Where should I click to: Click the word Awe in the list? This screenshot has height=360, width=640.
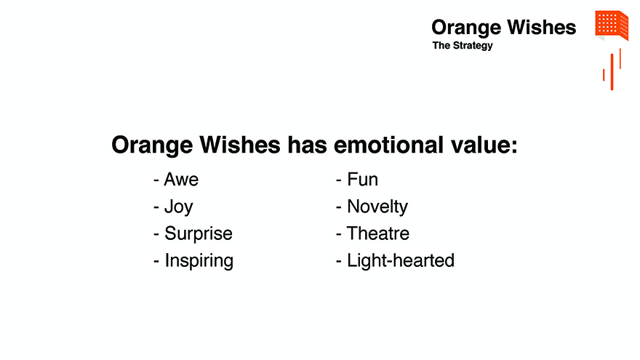pyautogui.click(x=181, y=180)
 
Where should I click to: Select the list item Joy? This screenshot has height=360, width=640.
pyautogui.click(x=178, y=207)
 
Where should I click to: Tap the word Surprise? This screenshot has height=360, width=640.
pyautogui.click(x=199, y=234)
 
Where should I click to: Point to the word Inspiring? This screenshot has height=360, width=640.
pyautogui.click(x=199, y=261)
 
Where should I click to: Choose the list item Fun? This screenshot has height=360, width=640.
pyautogui.click(x=362, y=180)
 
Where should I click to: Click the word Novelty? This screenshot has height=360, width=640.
pyautogui.click(x=377, y=207)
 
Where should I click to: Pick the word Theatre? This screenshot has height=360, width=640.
pyautogui.click(x=378, y=233)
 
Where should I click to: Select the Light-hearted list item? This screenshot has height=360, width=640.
pyautogui.click(x=401, y=260)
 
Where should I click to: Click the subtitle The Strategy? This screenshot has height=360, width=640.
pyautogui.click(x=463, y=46)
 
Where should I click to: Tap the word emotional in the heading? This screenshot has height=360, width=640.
pyautogui.click(x=388, y=145)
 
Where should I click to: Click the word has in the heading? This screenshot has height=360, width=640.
pyautogui.click(x=307, y=145)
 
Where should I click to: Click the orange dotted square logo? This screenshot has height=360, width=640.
pyautogui.click(x=612, y=25)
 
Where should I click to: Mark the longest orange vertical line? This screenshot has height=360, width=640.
pyautogui.click(x=612, y=72)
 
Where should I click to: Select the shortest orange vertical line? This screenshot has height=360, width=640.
pyautogui.click(x=604, y=75)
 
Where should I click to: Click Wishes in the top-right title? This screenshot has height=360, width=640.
pyautogui.click(x=541, y=28)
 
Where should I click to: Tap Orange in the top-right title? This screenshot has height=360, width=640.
pyautogui.click(x=466, y=28)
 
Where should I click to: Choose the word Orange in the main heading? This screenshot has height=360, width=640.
pyautogui.click(x=152, y=145)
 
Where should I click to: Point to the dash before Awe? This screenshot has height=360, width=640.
pyautogui.click(x=156, y=180)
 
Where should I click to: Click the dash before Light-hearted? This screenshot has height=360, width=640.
pyautogui.click(x=338, y=261)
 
